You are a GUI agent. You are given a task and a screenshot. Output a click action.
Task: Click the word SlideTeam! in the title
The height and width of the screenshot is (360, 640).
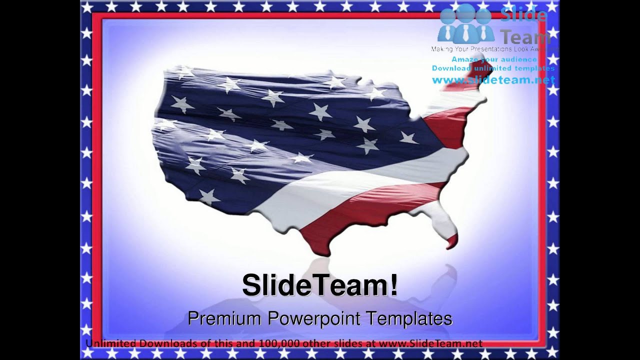pos(320,285)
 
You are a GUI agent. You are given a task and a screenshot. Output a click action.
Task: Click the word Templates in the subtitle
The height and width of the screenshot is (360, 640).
pos(409,318)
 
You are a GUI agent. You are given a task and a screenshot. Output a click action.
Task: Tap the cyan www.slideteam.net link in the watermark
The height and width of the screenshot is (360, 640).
pos(493,80)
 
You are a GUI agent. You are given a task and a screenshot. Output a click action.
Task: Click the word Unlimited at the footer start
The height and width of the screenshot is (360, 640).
pos(110,343)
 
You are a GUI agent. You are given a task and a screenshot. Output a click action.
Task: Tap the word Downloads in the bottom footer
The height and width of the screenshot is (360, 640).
pos(161,343)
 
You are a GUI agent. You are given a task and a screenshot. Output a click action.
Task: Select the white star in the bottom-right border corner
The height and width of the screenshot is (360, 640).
pos(553,353)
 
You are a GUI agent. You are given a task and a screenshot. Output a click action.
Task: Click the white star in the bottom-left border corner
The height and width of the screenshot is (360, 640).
pos(87,353)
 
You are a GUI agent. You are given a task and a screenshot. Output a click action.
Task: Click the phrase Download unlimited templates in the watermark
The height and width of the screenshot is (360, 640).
pos(493,68)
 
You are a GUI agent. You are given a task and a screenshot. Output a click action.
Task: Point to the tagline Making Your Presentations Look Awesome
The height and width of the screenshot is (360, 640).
pos(492,49)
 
